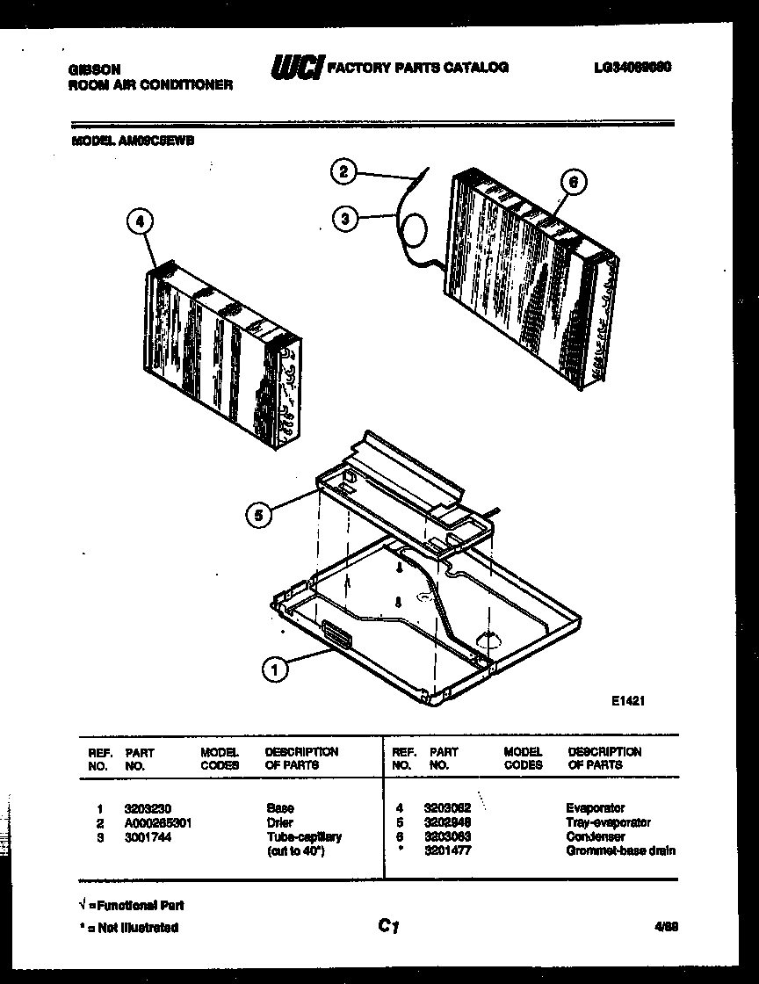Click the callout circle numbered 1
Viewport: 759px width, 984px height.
[276, 670]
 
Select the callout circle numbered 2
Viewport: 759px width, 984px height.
[343, 172]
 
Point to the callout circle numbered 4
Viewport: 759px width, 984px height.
[136, 222]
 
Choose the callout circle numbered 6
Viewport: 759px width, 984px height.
[572, 182]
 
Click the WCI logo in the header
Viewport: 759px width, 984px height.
[296, 68]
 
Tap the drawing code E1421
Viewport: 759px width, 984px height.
[629, 700]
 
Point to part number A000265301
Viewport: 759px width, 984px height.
[158, 823]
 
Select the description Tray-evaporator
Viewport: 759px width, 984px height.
[609, 823]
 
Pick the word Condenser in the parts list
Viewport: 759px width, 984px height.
[596, 837]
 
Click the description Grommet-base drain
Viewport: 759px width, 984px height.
[621, 851]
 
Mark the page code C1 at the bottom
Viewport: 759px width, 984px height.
[389, 924]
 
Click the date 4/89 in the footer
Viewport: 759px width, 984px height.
[666, 925]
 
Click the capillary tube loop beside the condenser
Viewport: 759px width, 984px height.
[415, 232]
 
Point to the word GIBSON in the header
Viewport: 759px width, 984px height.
[94, 69]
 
